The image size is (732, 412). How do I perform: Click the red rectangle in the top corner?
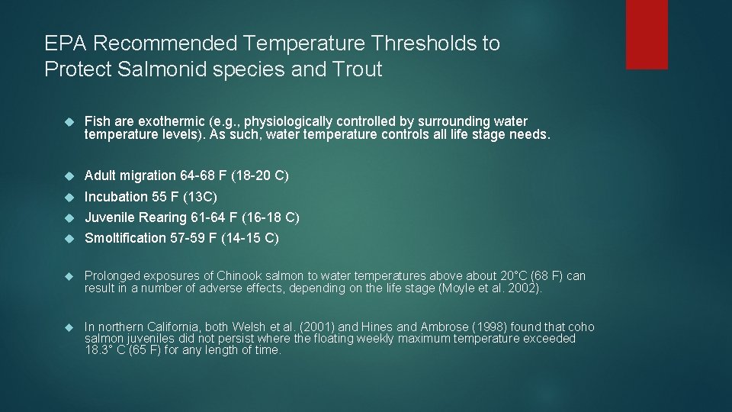[647, 34]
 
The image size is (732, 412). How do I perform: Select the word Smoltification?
[125, 238]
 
